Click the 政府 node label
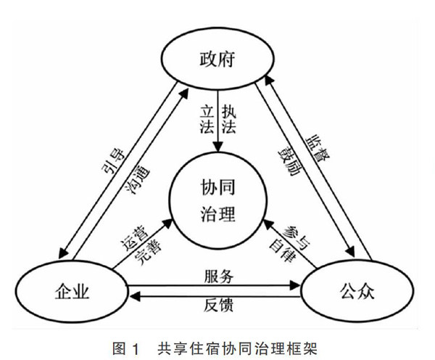click(217, 59)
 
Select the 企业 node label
click(72, 292)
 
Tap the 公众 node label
click(357, 291)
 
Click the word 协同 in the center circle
click(217, 187)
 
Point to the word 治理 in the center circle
click(217, 214)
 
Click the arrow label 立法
click(207, 120)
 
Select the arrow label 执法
click(229, 120)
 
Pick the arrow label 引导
click(113, 161)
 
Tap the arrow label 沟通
click(138, 180)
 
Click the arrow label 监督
click(318, 149)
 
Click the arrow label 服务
click(219, 277)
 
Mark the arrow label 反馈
click(219, 305)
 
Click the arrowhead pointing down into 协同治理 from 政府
click(217, 147)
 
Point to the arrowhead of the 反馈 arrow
click(135, 297)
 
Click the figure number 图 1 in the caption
click(125, 348)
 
